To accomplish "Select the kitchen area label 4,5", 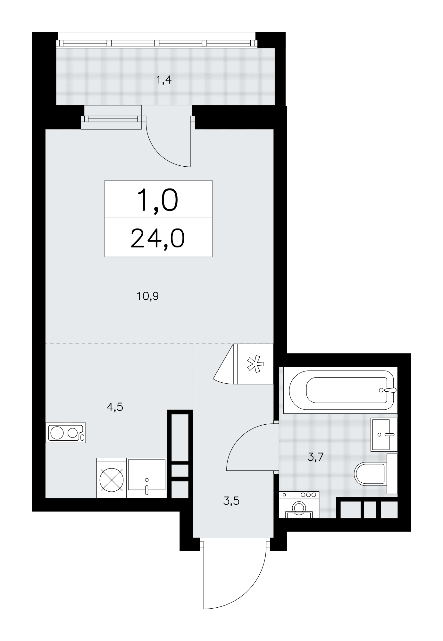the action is coord(115,407).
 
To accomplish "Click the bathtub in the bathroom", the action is coord(342,390).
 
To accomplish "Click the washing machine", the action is coord(299,505).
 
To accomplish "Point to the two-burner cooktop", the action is coord(66,433).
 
